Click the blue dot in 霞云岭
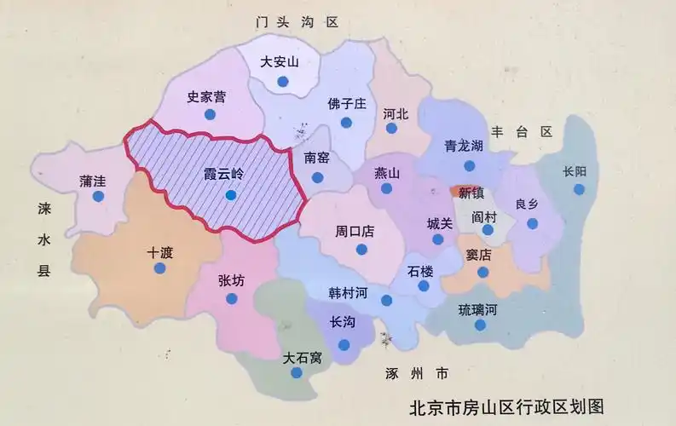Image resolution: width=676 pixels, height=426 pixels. pos(230,195)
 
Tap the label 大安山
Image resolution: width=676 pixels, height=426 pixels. pos(280,61)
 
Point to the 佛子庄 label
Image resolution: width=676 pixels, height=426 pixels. pos(346,104)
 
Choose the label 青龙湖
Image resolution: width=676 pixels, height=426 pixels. pos(464,146)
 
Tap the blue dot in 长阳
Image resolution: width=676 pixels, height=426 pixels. pos(579,189)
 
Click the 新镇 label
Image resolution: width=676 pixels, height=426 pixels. pos(471,192)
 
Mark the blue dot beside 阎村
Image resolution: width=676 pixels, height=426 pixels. pos(488,231)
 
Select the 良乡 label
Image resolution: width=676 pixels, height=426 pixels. pos(529,204)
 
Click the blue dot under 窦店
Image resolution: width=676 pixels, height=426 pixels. pos(482,273)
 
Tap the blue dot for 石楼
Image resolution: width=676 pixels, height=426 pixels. pos(424,287)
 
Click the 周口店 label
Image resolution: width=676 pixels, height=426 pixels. pos(355,231)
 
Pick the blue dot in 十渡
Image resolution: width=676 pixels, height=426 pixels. pos(159,268)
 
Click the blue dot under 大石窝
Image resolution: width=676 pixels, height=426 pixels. pos(296,373)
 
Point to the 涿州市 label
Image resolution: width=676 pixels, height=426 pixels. pos(416,373)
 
